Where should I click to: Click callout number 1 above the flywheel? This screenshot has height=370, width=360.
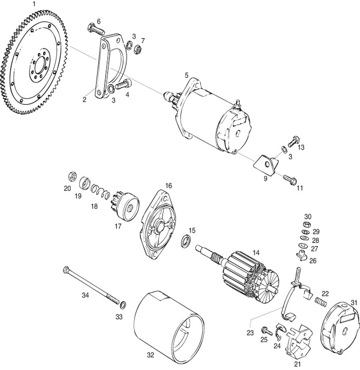pos(34,4)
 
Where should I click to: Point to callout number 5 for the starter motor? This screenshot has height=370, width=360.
pos(186,76)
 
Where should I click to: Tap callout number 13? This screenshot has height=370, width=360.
pos(301,147)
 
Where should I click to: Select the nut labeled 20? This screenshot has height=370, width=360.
pos(73,175)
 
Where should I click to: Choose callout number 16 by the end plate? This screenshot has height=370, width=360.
pos(168,186)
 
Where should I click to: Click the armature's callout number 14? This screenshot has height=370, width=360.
pos(255,253)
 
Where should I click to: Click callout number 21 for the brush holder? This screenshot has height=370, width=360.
pos(297,364)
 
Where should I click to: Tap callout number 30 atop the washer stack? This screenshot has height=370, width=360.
pos(308,216)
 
